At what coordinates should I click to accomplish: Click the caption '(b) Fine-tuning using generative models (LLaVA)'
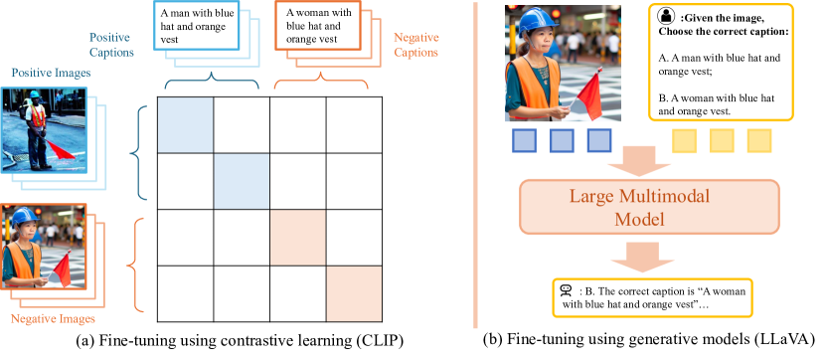[x=648, y=341]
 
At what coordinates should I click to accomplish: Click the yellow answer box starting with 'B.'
[x=653, y=296]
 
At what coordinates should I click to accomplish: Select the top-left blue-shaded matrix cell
[x=185, y=123]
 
